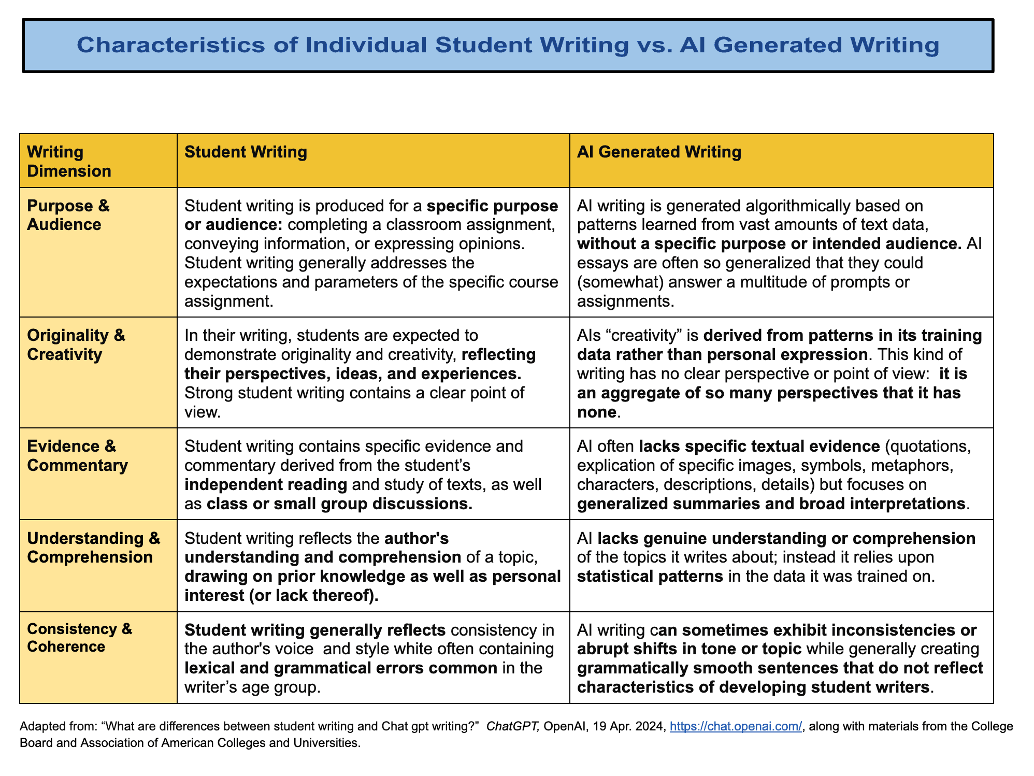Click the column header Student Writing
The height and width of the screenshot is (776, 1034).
(x=246, y=152)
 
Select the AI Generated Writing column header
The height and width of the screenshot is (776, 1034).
(x=659, y=152)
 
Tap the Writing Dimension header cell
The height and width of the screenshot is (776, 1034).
(x=69, y=161)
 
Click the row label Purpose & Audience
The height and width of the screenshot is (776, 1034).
(x=68, y=215)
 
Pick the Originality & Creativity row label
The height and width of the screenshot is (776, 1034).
(x=76, y=344)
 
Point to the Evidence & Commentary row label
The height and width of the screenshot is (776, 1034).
(x=77, y=455)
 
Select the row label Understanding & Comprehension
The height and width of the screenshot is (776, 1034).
(x=94, y=548)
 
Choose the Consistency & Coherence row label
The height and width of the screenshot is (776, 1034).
(x=79, y=638)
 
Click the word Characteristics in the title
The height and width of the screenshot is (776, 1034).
(x=186, y=45)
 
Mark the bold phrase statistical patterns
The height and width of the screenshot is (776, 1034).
(x=650, y=576)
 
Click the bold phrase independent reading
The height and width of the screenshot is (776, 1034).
(x=266, y=484)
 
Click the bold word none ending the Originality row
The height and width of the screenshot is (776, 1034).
(x=596, y=412)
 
